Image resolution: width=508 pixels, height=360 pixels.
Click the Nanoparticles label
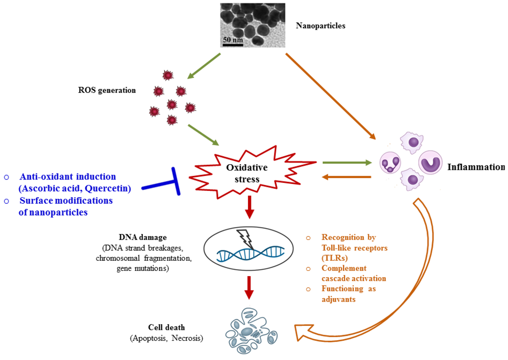320,26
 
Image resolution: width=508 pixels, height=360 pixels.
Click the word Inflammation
475,167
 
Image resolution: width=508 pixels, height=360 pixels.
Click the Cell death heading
166,327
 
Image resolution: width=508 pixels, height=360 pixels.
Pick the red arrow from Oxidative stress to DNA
250,207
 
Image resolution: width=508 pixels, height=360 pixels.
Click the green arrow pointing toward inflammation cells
347,162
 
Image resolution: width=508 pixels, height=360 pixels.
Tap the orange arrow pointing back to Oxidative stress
347,177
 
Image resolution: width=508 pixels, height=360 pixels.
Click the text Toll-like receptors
354,248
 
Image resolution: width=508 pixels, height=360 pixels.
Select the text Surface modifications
66,201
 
